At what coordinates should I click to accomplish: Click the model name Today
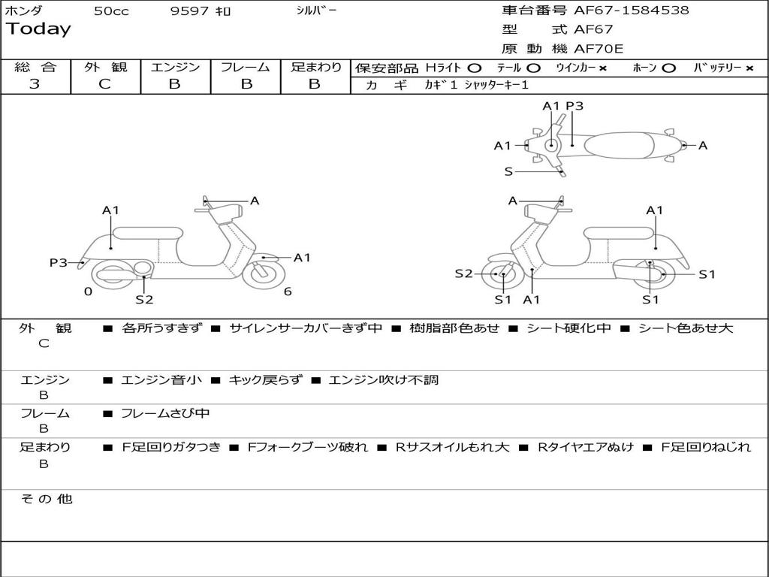pos(38,29)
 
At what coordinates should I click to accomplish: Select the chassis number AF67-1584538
pos(631,11)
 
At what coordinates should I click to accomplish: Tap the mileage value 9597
pos(189,11)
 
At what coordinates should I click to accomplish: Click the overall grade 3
pos(35,84)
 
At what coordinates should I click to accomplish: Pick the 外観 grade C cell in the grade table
pos(105,84)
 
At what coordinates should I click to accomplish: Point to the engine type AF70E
pos(598,50)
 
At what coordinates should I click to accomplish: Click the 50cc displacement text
pos(111,11)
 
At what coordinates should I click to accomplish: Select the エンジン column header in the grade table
pos(175,68)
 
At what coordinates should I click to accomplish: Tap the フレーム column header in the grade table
pos(245,68)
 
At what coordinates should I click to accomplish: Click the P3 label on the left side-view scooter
pos(59,262)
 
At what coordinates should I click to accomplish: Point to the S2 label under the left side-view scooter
pos(144,300)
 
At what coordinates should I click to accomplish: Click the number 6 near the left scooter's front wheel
pos(288,292)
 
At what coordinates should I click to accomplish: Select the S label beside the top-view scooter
pos(508,171)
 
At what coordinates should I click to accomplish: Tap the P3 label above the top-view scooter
pos(574,106)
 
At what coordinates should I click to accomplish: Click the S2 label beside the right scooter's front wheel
pos(464,273)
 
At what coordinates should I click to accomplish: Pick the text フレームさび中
pos(165,413)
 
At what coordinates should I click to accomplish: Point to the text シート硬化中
pos(568,328)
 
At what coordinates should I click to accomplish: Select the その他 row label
pos(47,499)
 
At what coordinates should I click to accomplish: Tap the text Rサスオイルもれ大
pos(453,447)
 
